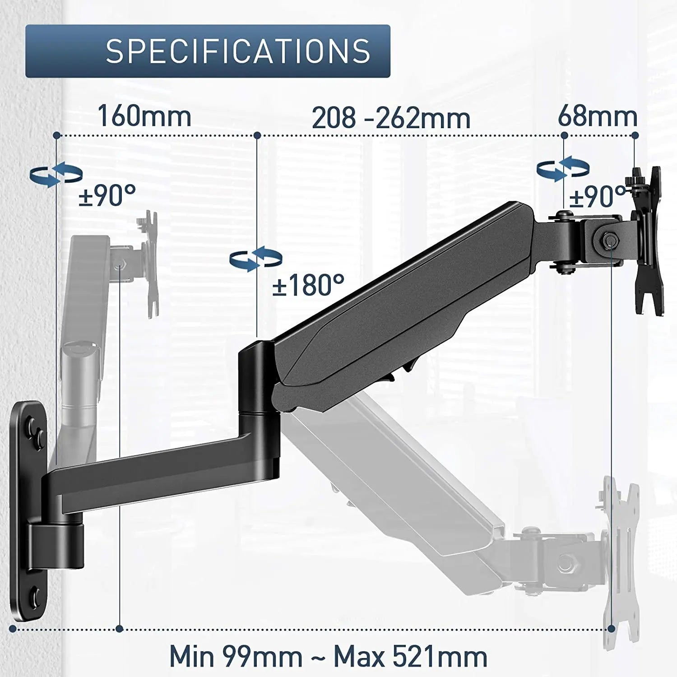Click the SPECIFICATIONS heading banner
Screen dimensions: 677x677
coord(208,51)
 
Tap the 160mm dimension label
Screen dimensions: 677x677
coord(144,116)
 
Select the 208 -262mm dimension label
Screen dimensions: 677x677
coord(391,118)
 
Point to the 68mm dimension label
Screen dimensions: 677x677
coord(598,116)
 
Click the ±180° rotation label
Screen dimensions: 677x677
coord(308,285)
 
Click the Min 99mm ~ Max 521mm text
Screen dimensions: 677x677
coord(328,655)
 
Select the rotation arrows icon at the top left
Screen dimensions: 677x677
coord(56,174)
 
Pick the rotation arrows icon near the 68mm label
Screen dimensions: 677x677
coord(563,169)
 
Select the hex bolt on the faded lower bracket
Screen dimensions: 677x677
coord(565,563)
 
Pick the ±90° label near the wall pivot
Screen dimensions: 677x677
coord(107,195)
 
